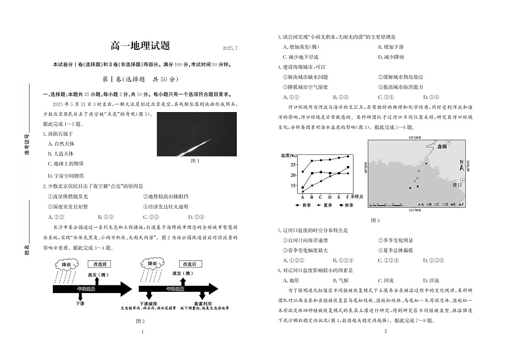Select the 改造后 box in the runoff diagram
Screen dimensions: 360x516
coord(189,264)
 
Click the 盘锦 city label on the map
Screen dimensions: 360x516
coord(437,146)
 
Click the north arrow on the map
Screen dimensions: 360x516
coord(462,165)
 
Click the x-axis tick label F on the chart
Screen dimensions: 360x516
coord(348,196)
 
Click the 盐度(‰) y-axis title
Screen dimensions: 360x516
coord(290,155)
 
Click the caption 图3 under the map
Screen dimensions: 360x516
coord(375,220)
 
